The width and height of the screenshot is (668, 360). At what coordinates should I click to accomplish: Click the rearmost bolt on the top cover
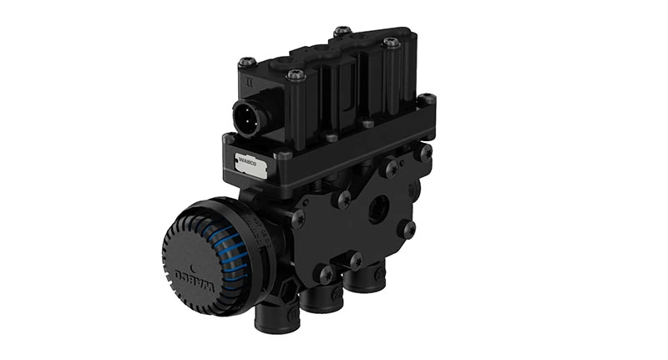tap(341, 32)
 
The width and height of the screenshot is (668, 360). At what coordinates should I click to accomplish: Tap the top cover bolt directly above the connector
tap(247, 62)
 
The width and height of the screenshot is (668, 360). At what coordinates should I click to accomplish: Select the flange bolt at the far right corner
tap(427, 100)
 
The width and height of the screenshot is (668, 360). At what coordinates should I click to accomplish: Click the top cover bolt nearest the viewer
tap(294, 76)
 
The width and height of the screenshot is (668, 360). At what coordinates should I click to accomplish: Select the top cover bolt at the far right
tap(389, 43)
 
